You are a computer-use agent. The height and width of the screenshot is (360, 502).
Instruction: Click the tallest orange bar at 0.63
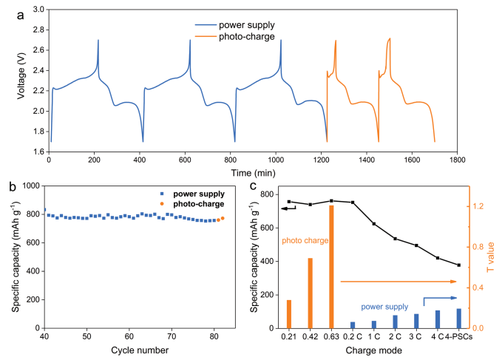tap(331, 266)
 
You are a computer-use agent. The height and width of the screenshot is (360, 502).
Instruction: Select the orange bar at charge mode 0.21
tap(289, 313)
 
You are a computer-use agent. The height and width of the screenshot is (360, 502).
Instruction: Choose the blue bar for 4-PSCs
tap(458, 319)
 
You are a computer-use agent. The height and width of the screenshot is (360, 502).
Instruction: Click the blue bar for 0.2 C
tap(353, 325)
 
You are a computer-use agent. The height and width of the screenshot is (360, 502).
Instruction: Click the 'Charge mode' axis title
tap(373, 350)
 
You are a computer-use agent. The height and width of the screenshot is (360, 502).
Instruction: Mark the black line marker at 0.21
tap(289, 201)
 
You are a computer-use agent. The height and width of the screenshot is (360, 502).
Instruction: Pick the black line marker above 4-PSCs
tap(458, 265)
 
